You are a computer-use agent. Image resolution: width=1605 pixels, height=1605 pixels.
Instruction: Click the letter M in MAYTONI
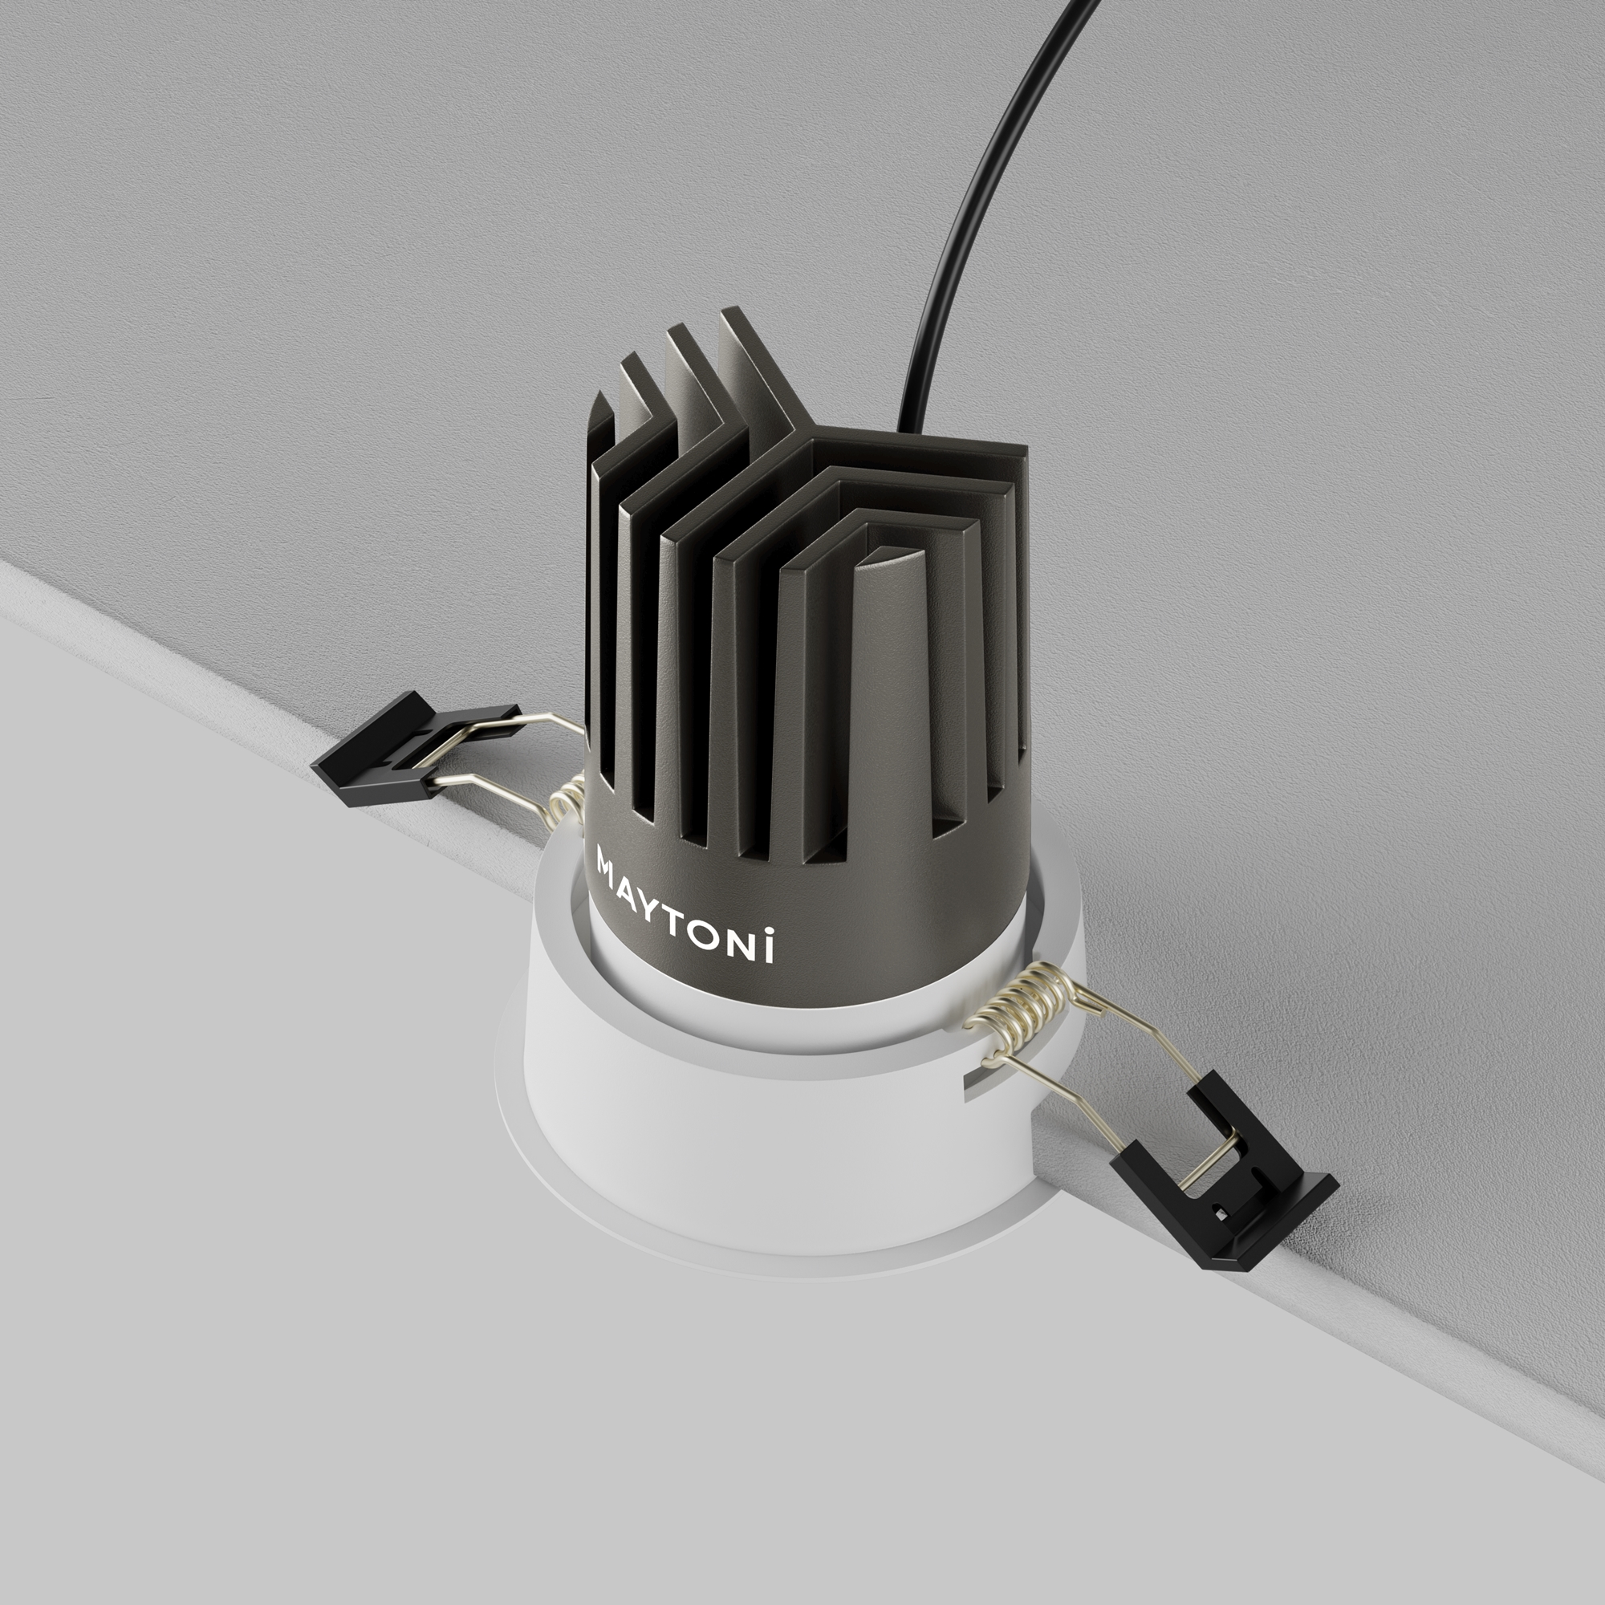click(x=607, y=860)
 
